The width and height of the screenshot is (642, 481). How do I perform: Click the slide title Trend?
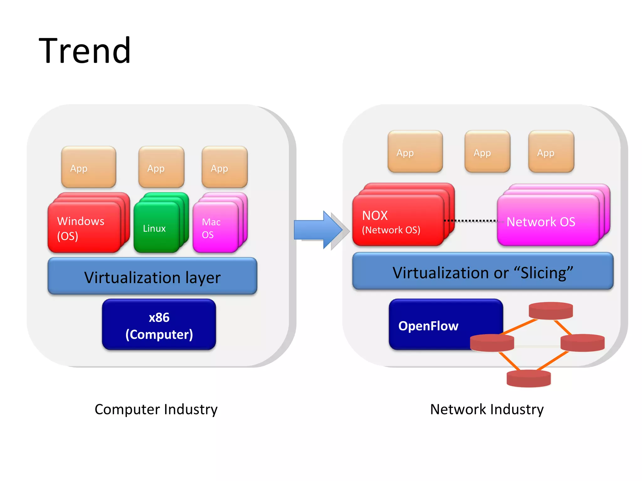pyautogui.click(x=85, y=51)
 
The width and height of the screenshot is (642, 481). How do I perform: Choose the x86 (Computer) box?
pyautogui.click(x=159, y=325)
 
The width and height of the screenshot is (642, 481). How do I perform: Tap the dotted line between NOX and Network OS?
pyautogui.click(x=470, y=221)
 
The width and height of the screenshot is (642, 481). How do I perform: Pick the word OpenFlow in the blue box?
pyautogui.click(x=428, y=326)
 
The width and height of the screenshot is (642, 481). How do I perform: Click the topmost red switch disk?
pyautogui.click(x=551, y=311)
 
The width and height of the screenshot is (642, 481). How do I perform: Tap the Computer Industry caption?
pyautogui.click(x=156, y=409)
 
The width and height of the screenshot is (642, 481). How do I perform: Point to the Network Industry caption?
pyautogui.click(x=487, y=409)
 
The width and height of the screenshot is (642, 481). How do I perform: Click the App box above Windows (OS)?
pyautogui.click(x=89, y=167)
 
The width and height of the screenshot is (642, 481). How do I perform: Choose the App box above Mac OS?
pyautogui.click(x=224, y=167)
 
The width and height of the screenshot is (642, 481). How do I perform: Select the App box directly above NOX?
pyautogui.click(x=415, y=152)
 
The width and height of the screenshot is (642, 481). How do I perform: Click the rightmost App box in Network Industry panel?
pyautogui.click(x=551, y=152)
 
